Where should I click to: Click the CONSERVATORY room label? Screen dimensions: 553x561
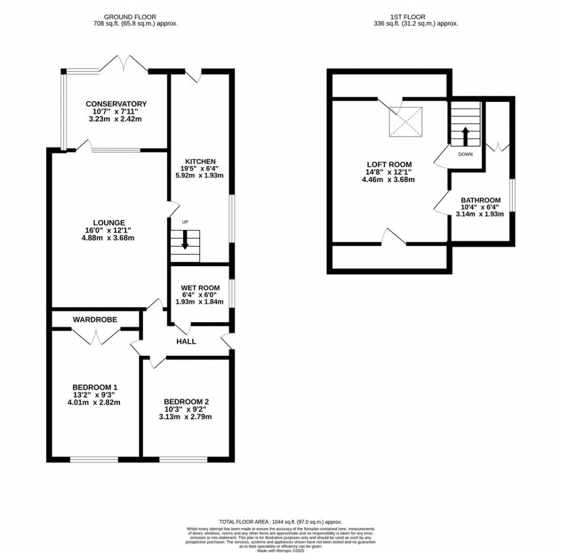point(116,104)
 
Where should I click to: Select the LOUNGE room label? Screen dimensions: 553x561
point(105,222)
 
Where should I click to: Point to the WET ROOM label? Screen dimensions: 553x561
point(201,288)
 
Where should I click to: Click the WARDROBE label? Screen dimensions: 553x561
point(95,319)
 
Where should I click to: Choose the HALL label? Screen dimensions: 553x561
point(186,342)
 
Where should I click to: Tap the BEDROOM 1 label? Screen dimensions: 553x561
point(93,387)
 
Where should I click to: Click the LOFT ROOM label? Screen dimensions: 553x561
point(388,164)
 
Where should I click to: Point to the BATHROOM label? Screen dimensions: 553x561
point(480,200)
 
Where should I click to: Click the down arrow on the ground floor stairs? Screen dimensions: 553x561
point(185,241)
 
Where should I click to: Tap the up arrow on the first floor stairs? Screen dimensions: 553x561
point(465,135)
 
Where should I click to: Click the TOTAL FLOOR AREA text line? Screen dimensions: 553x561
point(280,522)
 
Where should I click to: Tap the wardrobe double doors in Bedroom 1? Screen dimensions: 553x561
point(96,335)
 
